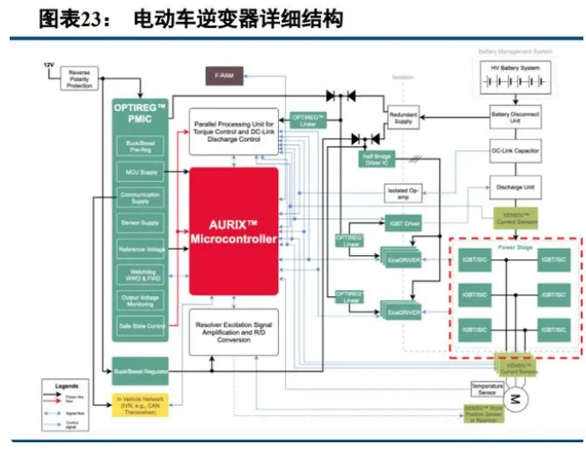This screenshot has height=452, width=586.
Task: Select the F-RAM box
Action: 224,77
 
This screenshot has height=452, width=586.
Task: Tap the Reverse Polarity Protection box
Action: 79,79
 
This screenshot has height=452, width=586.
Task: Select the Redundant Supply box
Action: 403,117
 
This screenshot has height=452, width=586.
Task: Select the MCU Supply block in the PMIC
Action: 140,172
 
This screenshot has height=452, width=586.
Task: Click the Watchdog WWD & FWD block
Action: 140,274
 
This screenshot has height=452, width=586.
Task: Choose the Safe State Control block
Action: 140,325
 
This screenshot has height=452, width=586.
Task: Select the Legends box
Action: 70,407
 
